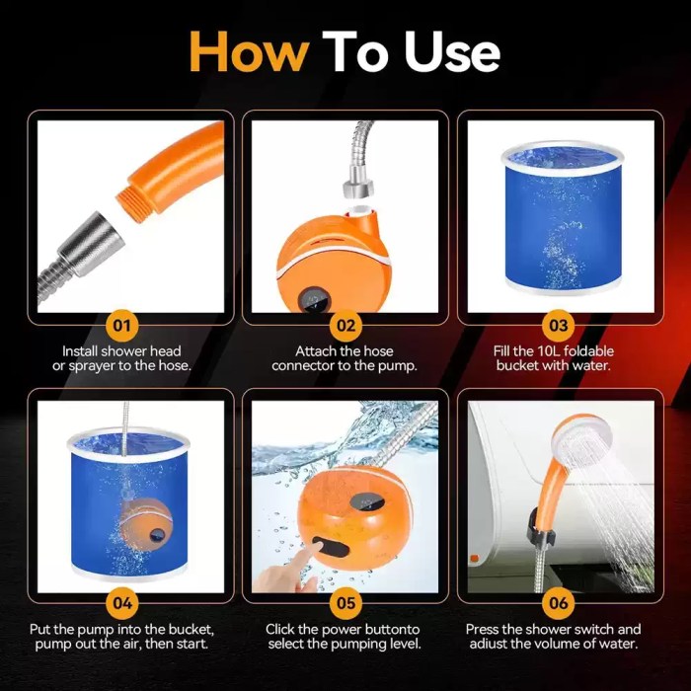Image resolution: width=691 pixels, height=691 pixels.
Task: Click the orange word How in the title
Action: coord(249,50)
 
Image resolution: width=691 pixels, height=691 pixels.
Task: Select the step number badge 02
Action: coord(345,324)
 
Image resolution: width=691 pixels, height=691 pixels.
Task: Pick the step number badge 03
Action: coord(559,324)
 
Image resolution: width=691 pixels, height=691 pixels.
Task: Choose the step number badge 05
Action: coord(345,601)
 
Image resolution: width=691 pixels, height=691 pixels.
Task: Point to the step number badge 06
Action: coord(559,601)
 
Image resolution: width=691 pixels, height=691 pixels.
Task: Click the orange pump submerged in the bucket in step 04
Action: coord(146,522)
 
